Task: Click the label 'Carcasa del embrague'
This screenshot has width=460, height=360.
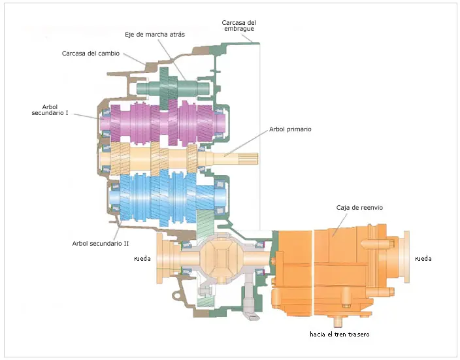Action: [238, 25]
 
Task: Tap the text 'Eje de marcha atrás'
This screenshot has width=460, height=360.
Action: [155, 35]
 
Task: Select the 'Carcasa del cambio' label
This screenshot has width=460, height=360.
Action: [91, 54]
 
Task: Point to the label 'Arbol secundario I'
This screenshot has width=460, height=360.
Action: [50, 110]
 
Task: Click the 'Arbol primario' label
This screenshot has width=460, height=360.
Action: [290, 129]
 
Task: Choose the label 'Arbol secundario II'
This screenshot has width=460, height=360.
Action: [101, 243]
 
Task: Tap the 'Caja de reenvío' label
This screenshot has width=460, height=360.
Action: [359, 207]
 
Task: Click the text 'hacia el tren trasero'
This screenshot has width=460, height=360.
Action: [339, 334]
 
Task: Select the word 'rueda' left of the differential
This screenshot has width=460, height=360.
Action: [142, 259]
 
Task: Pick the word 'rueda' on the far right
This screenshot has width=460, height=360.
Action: [423, 259]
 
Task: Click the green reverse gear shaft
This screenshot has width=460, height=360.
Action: [173, 88]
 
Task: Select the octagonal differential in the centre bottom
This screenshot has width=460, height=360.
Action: [222, 258]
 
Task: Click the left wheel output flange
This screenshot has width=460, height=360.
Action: [166, 258]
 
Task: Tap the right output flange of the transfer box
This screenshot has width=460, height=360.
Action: [406, 257]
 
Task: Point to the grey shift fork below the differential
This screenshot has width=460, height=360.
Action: [250, 297]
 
